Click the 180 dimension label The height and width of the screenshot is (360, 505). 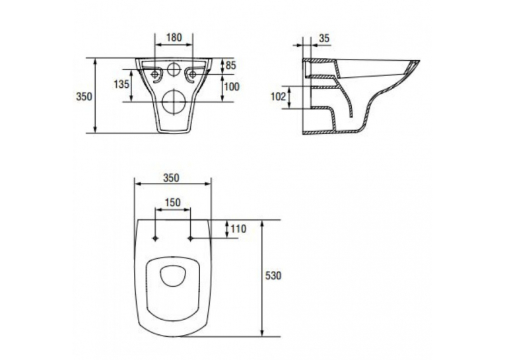[174, 38]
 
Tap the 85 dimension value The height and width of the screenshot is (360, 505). [230, 65]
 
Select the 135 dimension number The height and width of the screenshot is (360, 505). [121, 84]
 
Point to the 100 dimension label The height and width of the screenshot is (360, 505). [232, 87]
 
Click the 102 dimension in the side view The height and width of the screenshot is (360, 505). [278, 96]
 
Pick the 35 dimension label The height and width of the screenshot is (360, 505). [324, 38]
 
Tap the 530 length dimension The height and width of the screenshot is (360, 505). [273, 275]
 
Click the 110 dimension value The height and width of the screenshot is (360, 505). [238, 229]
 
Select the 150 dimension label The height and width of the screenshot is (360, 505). [173, 203]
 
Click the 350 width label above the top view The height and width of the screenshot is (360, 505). [171, 178]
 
